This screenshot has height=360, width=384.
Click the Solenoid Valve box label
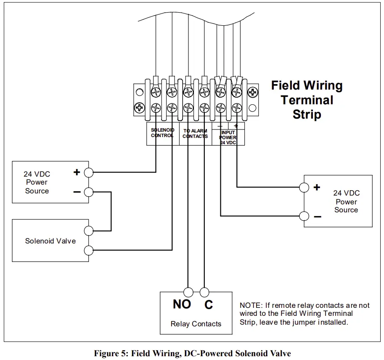pyautogui.click(x=50, y=241)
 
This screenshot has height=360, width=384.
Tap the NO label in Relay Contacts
pyautogui.click(x=182, y=304)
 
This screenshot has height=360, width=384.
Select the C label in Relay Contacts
pyautogui.click(x=209, y=305)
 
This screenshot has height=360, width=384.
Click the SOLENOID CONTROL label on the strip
pyautogui.click(x=162, y=133)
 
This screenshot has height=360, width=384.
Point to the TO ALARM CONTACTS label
pyautogui.click(x=195, y=133)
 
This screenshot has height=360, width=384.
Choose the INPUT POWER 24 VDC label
pyautogui.click(x=228, y=138)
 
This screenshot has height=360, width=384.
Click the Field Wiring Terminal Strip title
pyautogui.click(x=307, y=100)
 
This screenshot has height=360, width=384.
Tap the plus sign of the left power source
pyautogui.click(x=77, y=172)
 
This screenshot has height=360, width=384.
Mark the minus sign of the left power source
pyautogui.click(x=77, y=192)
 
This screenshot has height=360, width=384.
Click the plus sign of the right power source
pyautogui.click(x=317, y=188)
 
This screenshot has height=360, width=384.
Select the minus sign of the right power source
pyautogui.click(x=317, y=217)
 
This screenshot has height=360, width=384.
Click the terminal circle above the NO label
pyautogui.click(x=188, y=292)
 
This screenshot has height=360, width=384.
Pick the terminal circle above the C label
pyautogui.click(x=204, y=292)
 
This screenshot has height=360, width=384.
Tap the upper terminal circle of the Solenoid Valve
pyautogui.click(x=89, y=230)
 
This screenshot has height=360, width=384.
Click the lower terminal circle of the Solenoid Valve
pyautogui.click(x=89, y=251)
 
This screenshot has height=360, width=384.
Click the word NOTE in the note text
pyautogui.click(x=250, y=305)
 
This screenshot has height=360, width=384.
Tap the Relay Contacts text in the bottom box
pyautogui.click(x=196, y=324)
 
